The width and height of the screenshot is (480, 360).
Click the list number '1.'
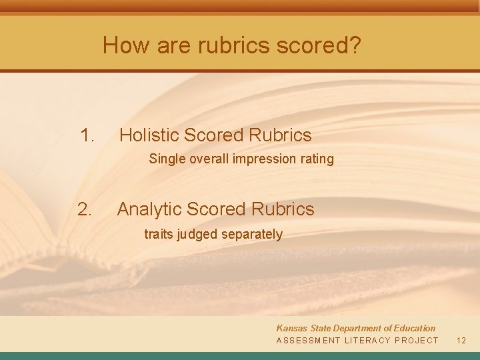87,135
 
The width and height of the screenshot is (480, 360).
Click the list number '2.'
85,209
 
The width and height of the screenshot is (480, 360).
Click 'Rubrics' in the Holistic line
280,135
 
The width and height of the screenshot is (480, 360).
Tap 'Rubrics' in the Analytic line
283,209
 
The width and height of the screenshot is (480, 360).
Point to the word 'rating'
317,159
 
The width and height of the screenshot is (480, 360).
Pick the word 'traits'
158,235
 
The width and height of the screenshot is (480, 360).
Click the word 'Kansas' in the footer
291,328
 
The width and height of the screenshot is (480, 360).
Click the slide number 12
461,340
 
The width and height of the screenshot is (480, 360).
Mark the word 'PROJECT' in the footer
417,340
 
